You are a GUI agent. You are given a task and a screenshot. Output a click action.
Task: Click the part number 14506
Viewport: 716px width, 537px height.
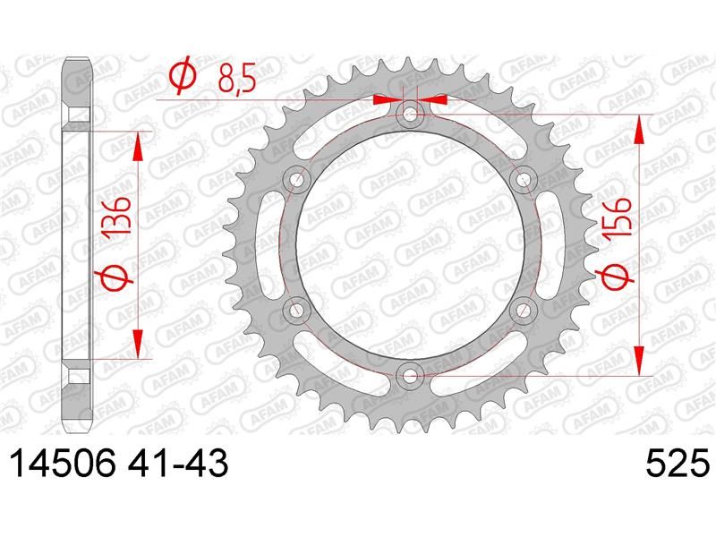pyautogui.click(x=63, y=463)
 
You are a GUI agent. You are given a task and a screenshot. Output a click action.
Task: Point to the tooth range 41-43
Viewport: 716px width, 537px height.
pyautogui.click(x=177, y=463)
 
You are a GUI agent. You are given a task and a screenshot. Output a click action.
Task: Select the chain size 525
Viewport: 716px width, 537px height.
pyautogui.click(x=678, y=463)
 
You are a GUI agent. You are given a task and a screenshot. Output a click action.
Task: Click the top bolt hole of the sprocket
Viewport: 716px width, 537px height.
pyautogui.click(x=410, y=114)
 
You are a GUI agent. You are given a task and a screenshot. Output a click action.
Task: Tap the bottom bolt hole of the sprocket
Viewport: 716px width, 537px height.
pyautogui.click(x=410, y=376)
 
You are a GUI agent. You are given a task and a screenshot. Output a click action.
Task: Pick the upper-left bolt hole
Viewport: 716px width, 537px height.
pyautogui.click(x=296, y=180)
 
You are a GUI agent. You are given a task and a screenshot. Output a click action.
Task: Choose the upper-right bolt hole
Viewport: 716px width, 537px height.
pyautogui.click(x=524, y=180)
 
